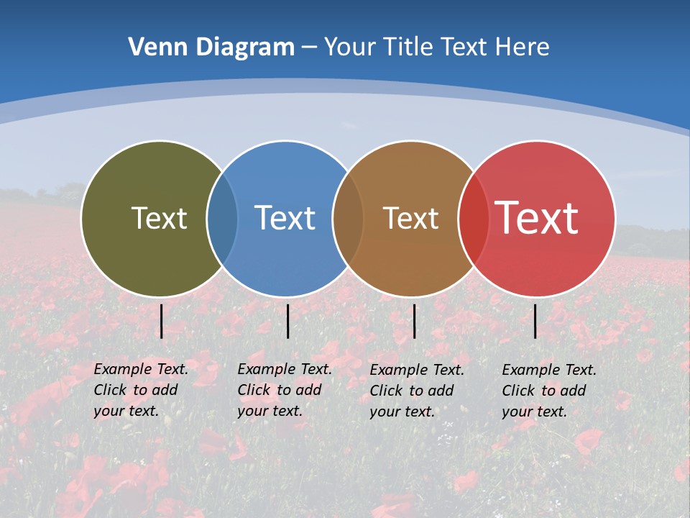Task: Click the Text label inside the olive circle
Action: click(x=159, y=218)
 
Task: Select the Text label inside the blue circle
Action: click(x=285, y=218)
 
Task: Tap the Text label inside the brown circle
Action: click(x=410, y=218)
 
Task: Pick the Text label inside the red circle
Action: click(x=537, y=218)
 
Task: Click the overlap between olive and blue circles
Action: click(x=222, y=218)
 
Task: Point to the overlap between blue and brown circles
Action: click(x=348, y=218)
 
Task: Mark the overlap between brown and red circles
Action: click(x=474, y=218)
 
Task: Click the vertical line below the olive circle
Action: click(x=162, y=321)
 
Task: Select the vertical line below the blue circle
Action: click(x=287, y=321)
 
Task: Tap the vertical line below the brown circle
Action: click(x=415, y=321)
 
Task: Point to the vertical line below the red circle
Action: click(x=535, y=321)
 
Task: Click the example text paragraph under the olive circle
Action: click(x=141, y=390)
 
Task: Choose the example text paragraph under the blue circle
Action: click(x=285, y=390)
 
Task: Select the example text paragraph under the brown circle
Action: click(x=417, y=391)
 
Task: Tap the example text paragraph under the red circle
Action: click(x=549, y=391)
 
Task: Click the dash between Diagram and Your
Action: click(x=309, y=48)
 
